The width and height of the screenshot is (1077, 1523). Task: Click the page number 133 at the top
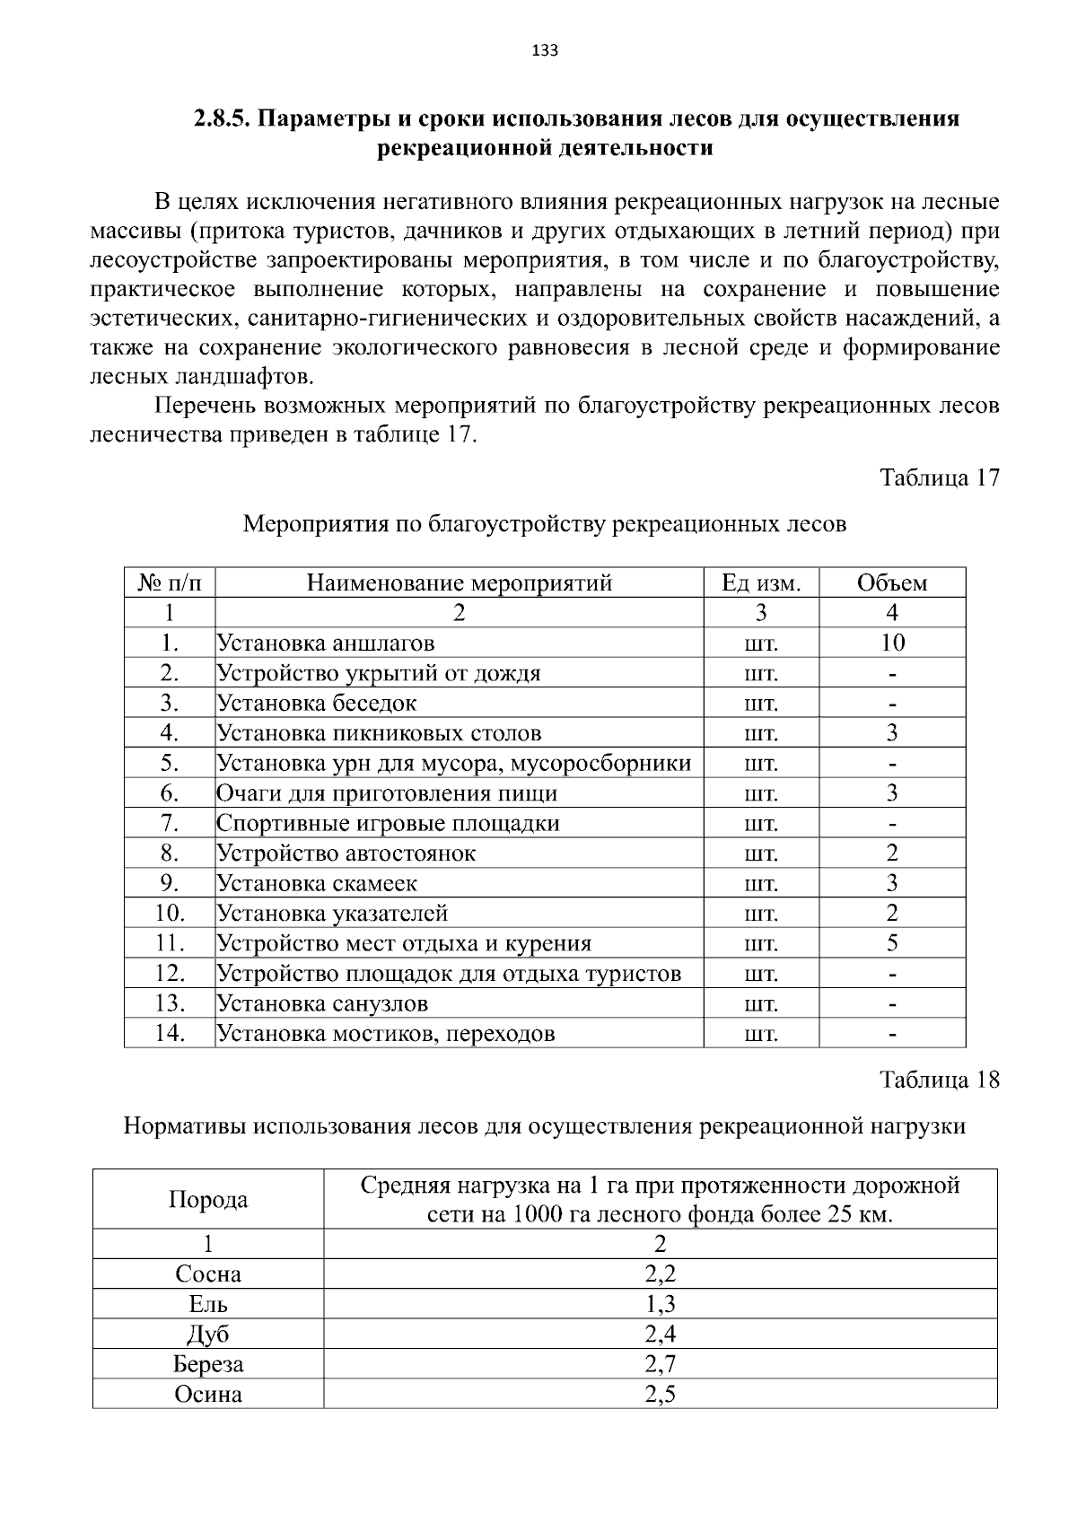(x=545, y=51)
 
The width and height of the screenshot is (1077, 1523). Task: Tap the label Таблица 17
(x=940, y=477)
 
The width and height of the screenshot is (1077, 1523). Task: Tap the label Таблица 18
(x=940, y=1079)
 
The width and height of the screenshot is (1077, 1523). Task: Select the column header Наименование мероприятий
(x=459, y=583)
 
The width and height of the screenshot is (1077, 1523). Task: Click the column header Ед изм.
(x=760, y=583)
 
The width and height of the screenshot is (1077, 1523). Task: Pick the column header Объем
(x=891, y=583)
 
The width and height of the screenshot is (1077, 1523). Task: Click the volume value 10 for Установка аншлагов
(x=892, y=643)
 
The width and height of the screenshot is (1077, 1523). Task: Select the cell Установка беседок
(x=317, y=703)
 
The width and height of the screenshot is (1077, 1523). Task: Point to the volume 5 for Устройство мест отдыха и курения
(x=892, y=943)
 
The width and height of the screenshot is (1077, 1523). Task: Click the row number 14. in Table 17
(x=170, y=1033)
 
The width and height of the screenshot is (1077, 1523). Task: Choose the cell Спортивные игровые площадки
(x=388, y=823)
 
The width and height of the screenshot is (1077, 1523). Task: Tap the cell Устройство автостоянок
(x=346, y=853)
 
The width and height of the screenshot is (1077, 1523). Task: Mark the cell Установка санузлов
(x=323, y=1003)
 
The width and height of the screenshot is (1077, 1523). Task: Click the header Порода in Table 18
(x=208, y=1200)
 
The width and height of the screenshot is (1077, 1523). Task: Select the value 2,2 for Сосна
(x=660, y=1274)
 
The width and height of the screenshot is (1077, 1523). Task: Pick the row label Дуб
(x=208, y=1334)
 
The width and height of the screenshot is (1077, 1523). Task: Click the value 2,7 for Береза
(x=660, y=1364)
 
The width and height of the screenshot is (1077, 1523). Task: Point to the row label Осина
(x=208, y=1395)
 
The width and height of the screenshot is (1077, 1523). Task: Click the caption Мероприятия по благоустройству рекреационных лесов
(x=545, y=524)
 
